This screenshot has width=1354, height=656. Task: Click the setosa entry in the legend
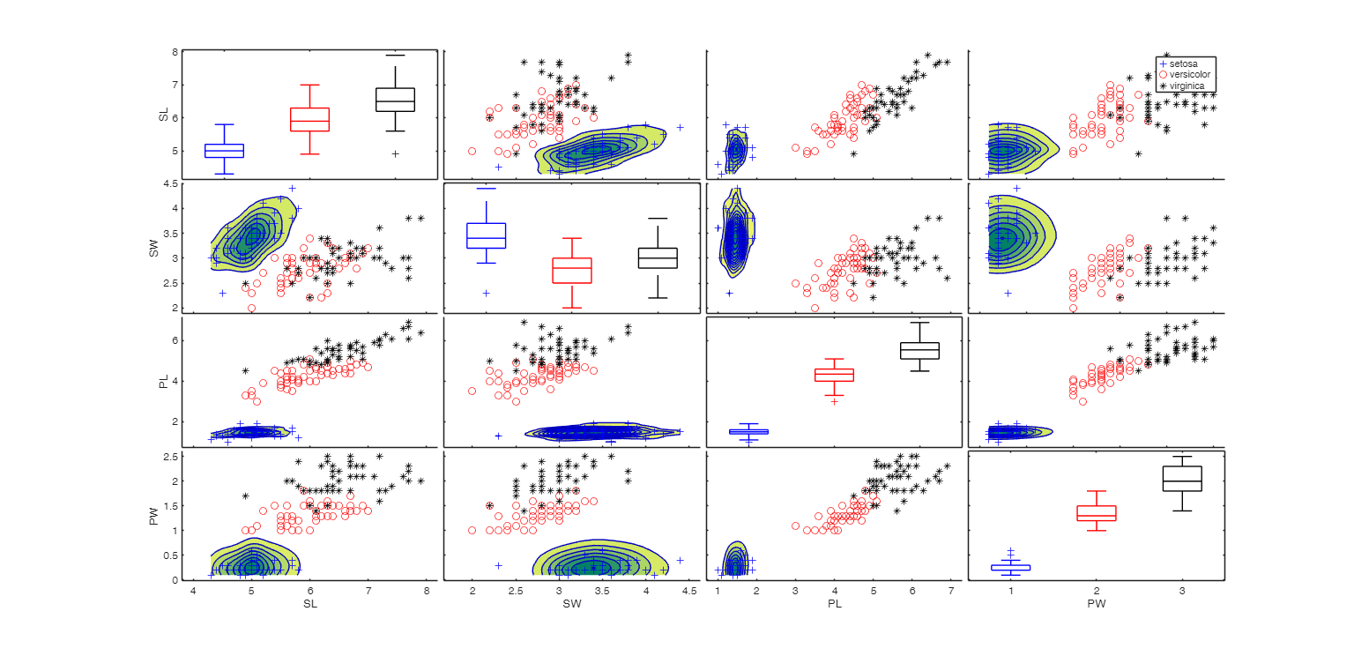click(x=1186, y=64)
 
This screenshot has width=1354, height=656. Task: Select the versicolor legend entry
click(x=1190, y=75)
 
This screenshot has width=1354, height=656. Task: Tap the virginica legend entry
click(x=1188, y=86)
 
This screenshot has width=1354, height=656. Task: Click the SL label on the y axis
click(x=163, y=113)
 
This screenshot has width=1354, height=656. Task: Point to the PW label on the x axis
click(x=1097, y=604)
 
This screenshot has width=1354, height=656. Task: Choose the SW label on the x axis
click(x=571, y=604)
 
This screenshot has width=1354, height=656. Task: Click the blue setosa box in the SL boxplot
click(x=224, y=151)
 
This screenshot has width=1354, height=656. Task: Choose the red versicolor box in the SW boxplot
click(x=571, y=270)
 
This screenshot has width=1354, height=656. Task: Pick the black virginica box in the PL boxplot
click(x=919, y=350)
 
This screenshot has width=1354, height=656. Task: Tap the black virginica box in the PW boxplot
click(x=1182, y=478)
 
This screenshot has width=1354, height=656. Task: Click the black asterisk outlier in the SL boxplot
click(x=395, y=153)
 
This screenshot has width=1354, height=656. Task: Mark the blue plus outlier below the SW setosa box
click(x=486, y=293)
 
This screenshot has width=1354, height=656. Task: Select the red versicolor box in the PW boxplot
click(x=1097, y=513)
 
